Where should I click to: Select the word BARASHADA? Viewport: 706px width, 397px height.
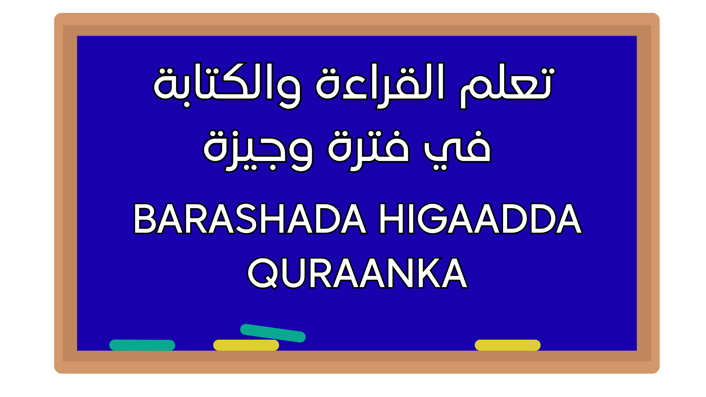pos(250,219)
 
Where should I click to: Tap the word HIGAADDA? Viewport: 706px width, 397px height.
pos(480,219)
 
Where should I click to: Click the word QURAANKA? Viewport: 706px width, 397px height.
pos(357,273)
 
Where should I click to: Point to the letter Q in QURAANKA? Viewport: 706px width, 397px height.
pos(262,273)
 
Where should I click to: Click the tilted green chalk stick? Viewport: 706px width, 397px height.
pos(273,333)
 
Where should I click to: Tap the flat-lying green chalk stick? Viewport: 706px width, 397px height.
pos(142,345)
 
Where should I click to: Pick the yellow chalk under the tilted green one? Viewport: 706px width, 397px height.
pos(246,345)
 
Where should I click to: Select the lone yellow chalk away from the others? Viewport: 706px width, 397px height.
pos(507,345)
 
